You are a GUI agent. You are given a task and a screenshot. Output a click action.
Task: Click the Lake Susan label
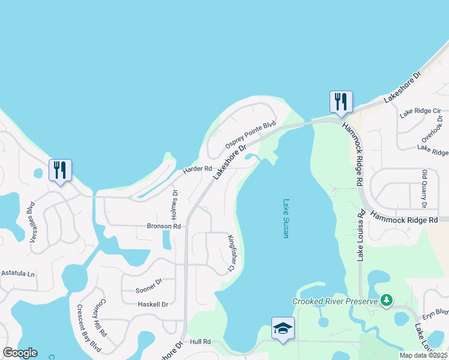coord(286,219)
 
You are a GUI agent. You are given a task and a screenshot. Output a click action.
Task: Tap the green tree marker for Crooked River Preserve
coord(387,299)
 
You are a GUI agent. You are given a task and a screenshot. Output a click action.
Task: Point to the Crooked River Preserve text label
coord(334,301)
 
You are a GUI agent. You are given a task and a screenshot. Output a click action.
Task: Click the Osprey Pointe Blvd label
coord(250,136)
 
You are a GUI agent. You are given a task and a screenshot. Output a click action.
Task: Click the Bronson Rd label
coord(164,226)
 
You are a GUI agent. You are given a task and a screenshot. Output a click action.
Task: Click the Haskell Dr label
coord(152,304)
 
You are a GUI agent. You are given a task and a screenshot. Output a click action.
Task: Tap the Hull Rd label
coord(200,341)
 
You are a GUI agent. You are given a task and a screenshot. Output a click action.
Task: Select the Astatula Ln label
coord(18,274)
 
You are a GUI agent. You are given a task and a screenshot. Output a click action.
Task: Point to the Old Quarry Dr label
coord(424,188)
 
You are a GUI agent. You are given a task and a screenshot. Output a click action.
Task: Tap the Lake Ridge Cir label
coord(420,111)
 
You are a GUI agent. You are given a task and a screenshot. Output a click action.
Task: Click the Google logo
coord(20,353)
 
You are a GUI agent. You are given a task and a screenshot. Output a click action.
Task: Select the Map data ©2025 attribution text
coord(423,355)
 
